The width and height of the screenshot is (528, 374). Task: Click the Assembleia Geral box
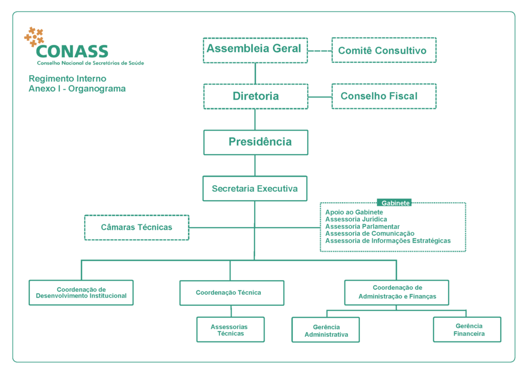point(255,50)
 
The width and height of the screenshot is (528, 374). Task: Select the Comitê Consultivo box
point(384,50)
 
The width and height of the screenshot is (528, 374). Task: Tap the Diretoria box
point(255,96)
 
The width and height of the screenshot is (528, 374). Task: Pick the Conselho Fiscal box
point(384,96)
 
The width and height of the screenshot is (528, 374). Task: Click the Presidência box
point(255,142)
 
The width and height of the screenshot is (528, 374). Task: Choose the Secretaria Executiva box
point(255,189)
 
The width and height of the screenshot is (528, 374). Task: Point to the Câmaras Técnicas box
point(137,227)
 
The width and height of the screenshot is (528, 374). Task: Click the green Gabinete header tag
point(394,203)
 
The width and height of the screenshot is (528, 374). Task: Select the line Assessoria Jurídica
point(356,219)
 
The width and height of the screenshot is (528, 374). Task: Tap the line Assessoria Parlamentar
point(362,226)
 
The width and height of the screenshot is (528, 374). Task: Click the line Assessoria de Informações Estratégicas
point(388,241)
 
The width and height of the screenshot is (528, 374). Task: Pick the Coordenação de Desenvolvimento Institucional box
point(81,292)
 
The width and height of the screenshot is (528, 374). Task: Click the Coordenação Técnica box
point(232,293)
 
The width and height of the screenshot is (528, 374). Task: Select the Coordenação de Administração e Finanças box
point(397,292)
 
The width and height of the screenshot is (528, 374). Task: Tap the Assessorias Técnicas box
point(230,330)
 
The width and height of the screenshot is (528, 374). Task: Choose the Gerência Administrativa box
point(326,330)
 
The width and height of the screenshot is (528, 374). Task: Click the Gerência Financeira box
point(467,330)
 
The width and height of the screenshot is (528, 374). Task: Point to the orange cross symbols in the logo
point(34,36)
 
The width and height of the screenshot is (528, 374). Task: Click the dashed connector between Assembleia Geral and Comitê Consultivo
point(319,51)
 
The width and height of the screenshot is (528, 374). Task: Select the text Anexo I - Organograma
point(77,89)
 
